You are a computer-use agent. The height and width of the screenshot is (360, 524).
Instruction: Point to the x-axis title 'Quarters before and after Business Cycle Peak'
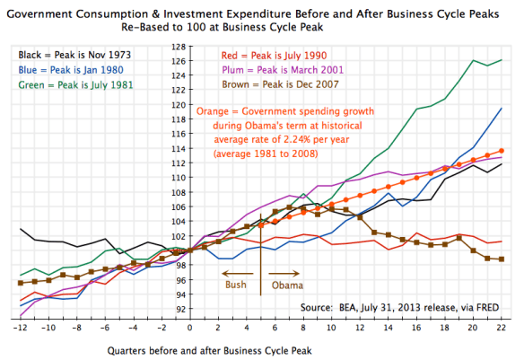pyautogui.click(x=208, y=349)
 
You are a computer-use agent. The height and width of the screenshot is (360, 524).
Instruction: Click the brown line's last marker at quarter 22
pyautogui.click(x=500, y=259)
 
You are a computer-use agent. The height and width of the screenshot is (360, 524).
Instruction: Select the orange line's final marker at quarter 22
pyautogui.click(x=500, y=151)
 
